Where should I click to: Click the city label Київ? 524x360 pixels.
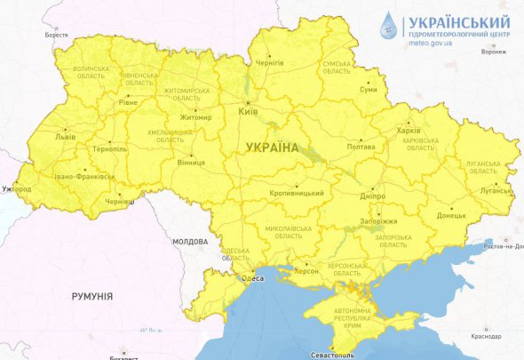[x=249, y=113]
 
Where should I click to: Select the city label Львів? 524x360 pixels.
[x=65, y=138]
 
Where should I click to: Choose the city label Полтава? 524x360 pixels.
[x=360, y=148]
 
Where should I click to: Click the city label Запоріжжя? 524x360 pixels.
[x=383, y=220]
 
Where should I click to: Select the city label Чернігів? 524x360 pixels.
[x=268, y=64]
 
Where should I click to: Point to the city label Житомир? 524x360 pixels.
[x=195, y=118]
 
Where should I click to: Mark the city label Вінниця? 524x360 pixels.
[x=190, y=163]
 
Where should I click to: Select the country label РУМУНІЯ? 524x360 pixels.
[x=91, y=295]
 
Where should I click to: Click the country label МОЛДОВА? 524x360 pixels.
[x=190, y=241]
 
